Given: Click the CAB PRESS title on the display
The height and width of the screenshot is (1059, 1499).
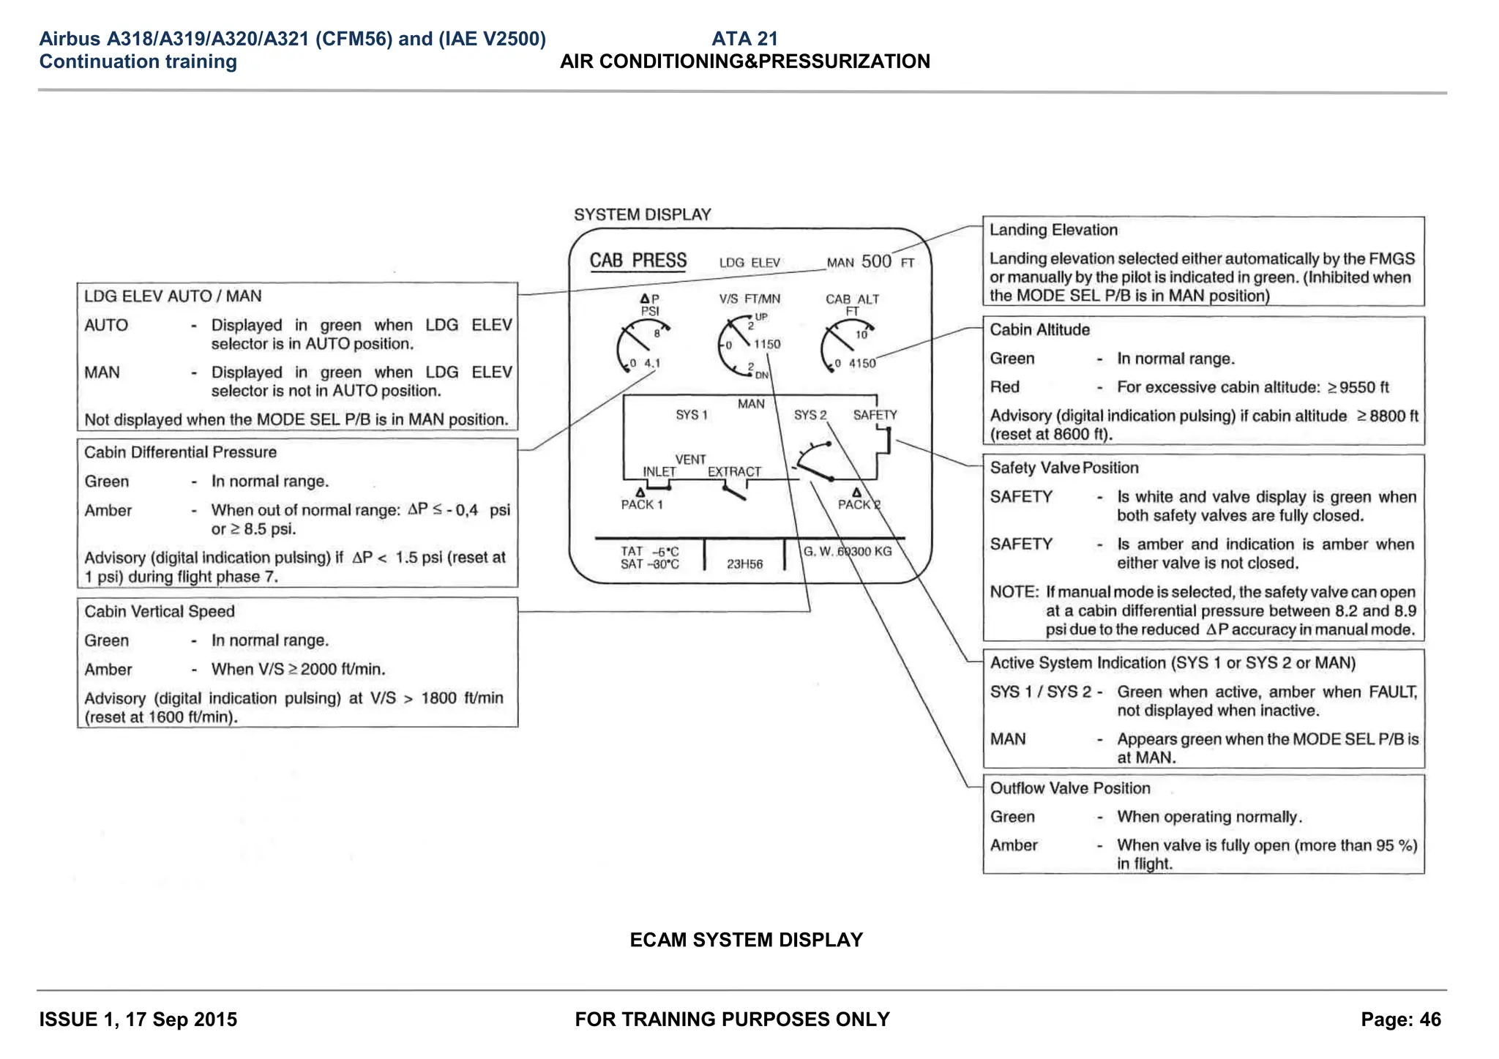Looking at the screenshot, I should tap(638, 261).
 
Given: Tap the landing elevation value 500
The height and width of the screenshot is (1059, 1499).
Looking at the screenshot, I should tap(876, 261).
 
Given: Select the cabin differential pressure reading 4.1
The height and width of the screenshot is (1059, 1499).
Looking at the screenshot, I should tap(652, 363).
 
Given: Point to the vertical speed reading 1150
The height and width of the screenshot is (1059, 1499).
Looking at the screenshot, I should tap(767, 344).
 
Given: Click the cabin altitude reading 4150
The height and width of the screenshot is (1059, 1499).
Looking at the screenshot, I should tap(861, 363).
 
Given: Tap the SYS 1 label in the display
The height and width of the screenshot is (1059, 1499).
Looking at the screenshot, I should tap(692, 415).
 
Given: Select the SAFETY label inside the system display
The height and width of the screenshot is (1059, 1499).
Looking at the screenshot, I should tap(875, 415).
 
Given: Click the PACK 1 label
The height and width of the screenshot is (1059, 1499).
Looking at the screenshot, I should tap(642, 504).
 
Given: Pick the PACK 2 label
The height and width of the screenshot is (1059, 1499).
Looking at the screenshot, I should tap(859, 504).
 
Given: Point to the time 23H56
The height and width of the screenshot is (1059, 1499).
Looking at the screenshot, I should tap(744, 564).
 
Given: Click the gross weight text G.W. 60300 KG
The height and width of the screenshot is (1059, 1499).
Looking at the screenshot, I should tap(848, 551).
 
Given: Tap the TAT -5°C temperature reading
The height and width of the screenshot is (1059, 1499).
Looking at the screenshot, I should tap(649, 551).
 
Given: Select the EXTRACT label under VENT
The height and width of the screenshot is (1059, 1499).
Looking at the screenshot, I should tap(734, 472).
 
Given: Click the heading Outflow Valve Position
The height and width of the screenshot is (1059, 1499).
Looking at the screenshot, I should tap(1069, 788).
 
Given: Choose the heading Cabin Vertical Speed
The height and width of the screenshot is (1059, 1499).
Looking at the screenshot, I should tap(159, 612).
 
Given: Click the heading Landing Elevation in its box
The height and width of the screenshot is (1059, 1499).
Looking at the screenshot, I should tap(1053, 230).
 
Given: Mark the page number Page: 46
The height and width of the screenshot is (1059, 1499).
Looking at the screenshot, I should tap(1400, 1019).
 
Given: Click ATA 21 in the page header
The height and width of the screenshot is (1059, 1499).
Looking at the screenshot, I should tap(744, 39).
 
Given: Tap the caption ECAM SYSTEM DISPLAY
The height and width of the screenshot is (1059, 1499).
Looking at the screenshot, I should tap(746, 940).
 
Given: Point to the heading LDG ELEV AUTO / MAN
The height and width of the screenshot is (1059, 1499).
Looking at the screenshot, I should tap(173, 296).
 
